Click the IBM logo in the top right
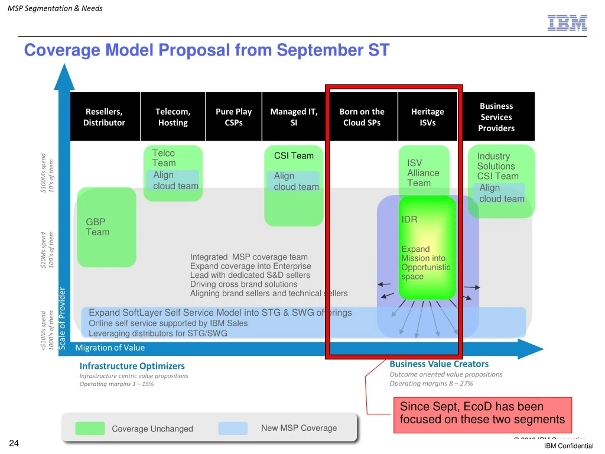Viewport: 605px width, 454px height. (x=567, y=22)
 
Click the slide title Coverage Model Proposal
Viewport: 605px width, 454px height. (x=206, y=50)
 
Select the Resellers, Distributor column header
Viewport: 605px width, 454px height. (x=105, y=117)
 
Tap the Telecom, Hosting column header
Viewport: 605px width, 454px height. (x=173, y=117)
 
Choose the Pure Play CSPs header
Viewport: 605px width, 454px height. (x=233, y=117)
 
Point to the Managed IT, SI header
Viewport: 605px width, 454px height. (x=294, y=117)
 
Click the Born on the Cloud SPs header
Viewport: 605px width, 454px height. (x=362, y=117)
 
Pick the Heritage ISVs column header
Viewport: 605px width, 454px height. (x=427, y=117)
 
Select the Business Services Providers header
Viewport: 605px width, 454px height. (x=496, y=117)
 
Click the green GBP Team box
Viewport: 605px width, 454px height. (x=106, y=226)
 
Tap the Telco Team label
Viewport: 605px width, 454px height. (x=164, y=158)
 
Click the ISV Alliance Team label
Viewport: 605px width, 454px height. (x=423, y=173)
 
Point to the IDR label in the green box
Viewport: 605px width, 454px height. (x=409, y=219)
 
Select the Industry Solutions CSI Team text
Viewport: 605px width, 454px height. (x=497, y=166)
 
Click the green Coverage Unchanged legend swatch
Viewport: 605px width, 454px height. (x=90, y=429)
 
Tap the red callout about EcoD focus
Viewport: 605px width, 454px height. (x=482, y=413)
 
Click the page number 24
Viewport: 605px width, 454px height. (x=14, y=444)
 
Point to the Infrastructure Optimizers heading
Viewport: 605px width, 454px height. (x=132, y=366)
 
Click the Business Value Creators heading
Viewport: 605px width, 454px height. (x=439, y=364)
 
